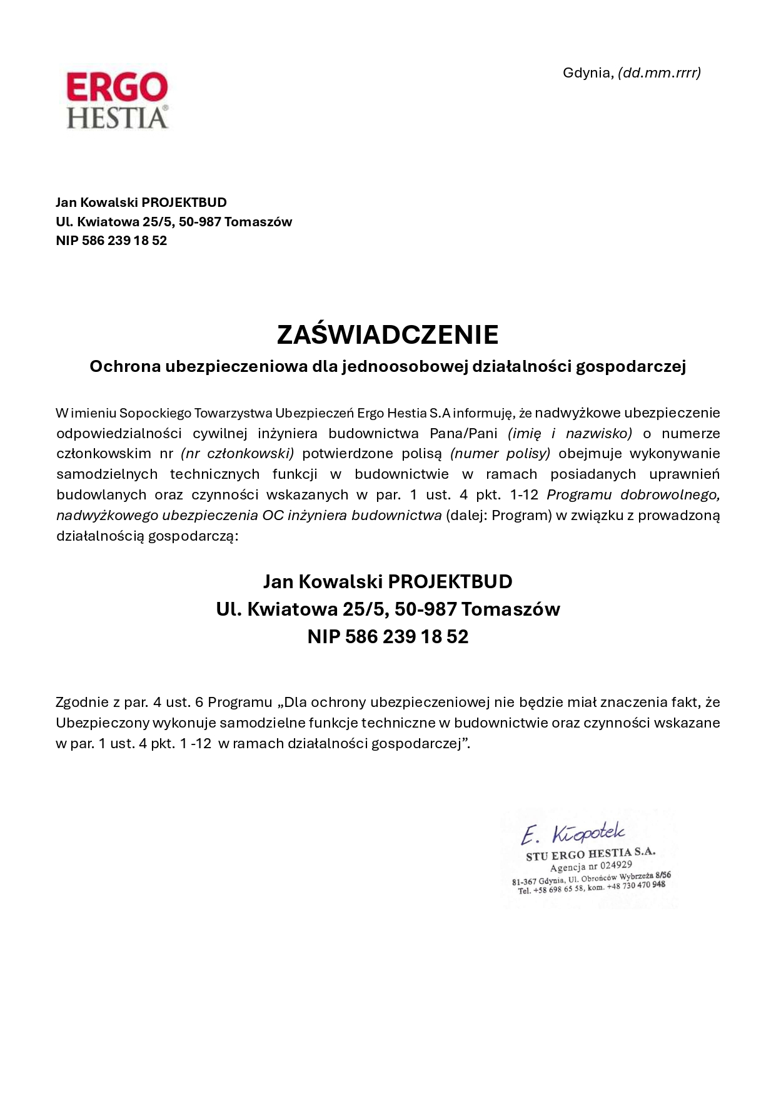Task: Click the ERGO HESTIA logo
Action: [x=117, y=100]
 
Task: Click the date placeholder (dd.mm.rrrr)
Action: [x=659, y=73]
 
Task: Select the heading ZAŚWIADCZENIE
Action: [x=388, y=334]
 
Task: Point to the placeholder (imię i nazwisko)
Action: [x=570, y=433]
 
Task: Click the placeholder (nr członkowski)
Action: [x=238, y=453]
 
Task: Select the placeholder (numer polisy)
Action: [x=500, y=453]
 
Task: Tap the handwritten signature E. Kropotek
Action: [x=573, y=833]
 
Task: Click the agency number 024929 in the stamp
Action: [x=616, y=866]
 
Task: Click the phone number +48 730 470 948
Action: [x=636, y=886]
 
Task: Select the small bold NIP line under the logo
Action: [x=111, y=241]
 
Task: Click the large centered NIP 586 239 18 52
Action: [x=388, y=636]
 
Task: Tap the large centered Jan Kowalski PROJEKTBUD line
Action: [x=388, y=581]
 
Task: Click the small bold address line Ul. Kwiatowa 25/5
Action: [x=174, y=222]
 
